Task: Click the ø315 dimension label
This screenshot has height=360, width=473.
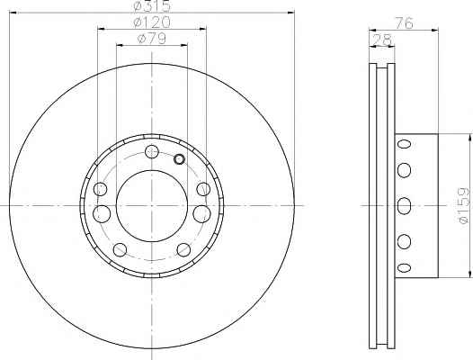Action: click(152, 6)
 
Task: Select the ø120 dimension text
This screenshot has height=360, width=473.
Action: click(152, 22)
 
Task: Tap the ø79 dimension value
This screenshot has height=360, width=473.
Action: click(151, 39)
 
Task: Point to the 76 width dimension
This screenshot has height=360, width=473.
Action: click(404, 23)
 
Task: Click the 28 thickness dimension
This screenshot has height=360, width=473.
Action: click(382, 40)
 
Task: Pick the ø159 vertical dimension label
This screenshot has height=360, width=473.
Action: click(464, 205)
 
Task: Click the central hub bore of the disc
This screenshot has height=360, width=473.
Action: click(152, 206)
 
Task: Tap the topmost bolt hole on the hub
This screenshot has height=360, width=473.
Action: click(152, 151)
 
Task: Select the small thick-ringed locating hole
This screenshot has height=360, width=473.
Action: click(179, 159)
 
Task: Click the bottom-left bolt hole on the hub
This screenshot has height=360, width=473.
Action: click(120, 250)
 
